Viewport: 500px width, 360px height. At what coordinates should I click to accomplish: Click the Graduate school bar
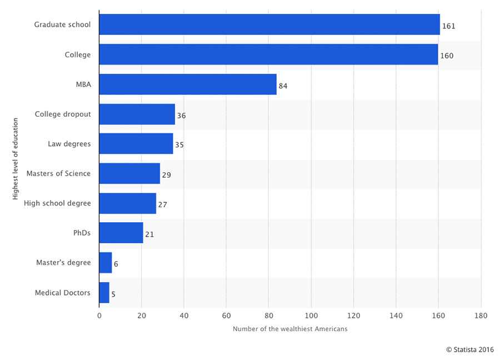[269, 25]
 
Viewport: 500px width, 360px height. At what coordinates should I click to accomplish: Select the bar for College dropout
[137, 114]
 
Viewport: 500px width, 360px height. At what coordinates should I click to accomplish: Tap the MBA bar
[188, 84]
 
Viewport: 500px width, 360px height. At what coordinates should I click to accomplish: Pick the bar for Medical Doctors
[104, 293]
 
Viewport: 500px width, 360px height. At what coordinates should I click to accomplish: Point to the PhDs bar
[121, 233]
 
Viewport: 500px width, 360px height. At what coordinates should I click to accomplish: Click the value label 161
[449, 26]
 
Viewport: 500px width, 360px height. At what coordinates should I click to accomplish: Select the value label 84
[283, 86]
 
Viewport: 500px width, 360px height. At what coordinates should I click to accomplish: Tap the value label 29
[166, 174]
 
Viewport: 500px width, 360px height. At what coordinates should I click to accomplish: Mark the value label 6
[116, 264]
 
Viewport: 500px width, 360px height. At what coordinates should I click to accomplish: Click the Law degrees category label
[69, 144]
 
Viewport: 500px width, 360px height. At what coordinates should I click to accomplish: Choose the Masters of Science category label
[62, 173]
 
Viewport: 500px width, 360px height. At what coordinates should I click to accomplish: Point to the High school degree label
[57, 203]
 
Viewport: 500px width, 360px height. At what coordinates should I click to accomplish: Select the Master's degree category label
[63, 262]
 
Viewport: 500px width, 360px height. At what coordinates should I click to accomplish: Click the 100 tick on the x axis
[311, 316]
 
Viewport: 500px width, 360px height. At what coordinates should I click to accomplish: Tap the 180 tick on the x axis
[481, 316]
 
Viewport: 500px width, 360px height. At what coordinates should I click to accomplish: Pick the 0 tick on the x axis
[99, 316]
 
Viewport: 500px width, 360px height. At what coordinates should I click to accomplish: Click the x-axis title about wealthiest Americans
[290, 329]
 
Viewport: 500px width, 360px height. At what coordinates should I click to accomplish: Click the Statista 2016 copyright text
[469, 349]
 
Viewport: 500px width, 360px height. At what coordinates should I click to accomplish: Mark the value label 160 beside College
[447, 56]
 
